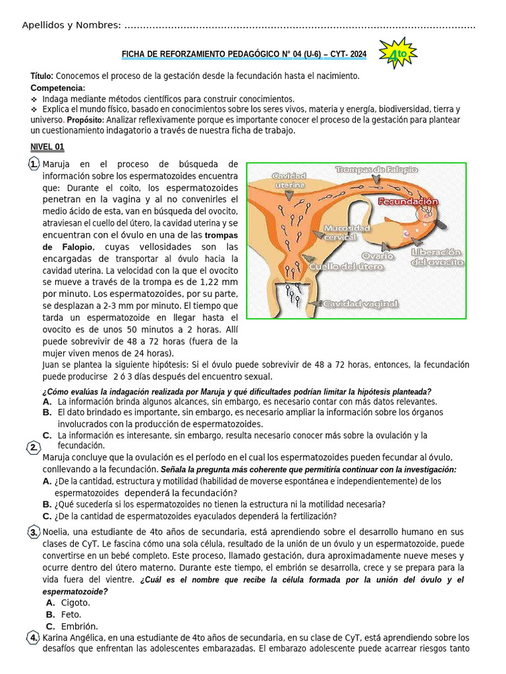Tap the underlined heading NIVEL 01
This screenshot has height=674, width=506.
(47, 147)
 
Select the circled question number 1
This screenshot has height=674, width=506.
(34, 164)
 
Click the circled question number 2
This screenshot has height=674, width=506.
(34, 448)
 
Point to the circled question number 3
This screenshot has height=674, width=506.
(34, 532)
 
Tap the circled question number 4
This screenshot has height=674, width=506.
(34, 637)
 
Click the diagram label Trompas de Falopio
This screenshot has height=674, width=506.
(376, 170)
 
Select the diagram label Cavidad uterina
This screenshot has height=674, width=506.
(289, 181)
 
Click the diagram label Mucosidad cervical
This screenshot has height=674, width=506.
(347, 232)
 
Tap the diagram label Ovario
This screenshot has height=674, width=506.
(378, 255)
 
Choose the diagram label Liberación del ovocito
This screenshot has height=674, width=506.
(437, 257)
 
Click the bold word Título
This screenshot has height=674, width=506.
(42, 76)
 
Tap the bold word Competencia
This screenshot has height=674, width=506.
(57, 88)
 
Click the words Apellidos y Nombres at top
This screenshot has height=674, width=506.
(71, 25)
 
